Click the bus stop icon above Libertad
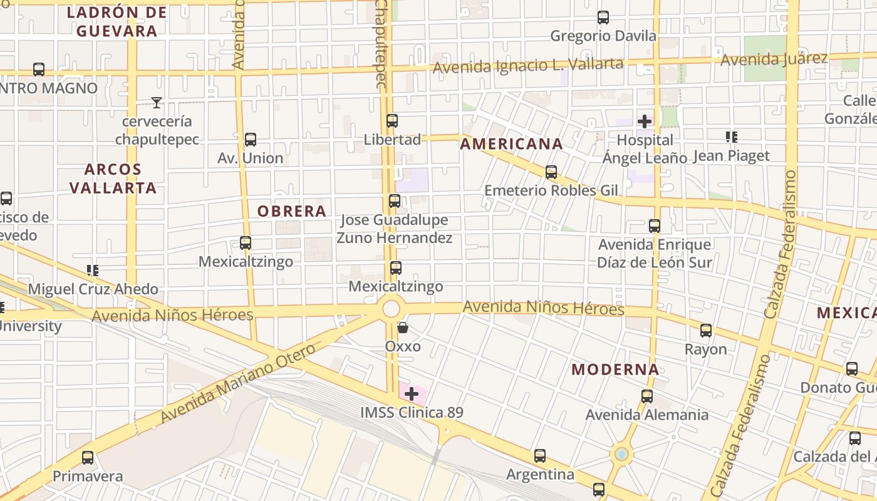tap(392, 121)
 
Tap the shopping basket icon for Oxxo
tap(403, 328)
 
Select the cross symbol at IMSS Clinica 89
tap(412, 394)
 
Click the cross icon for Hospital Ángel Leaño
tap(645, 121)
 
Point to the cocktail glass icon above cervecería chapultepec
tap(157, 103)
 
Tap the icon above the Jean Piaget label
tap(731, 137)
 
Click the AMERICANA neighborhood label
tap(511, 144)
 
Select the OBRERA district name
tap(292, 212)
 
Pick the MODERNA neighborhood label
tap(615, 369)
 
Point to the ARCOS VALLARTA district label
tap(113, 178)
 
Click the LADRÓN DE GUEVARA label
tap(117, 22)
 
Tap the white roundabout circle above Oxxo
tap(391, 308)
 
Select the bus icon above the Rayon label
tap(706, 331)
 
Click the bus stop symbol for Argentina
tap(540, 456)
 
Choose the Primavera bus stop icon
tap(88, 458)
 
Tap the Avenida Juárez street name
tap(774, 59)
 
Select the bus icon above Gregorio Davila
tap(603, 18)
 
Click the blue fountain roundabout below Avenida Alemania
tap(621, 454)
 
